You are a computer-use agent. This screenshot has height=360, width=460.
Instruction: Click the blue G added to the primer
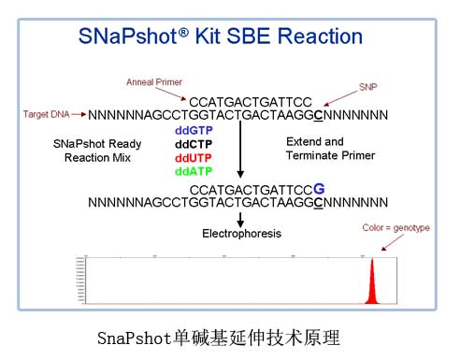319,187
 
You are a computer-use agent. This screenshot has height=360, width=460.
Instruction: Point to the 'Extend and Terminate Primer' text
317,149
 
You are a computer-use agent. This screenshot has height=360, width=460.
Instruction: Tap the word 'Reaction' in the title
312,37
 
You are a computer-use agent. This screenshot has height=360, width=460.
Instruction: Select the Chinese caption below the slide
230,334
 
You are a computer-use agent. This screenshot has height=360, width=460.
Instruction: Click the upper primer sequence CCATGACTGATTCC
250,101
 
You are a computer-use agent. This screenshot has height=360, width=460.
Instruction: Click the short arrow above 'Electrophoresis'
241,218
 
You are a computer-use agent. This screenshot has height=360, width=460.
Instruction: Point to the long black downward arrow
241,150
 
